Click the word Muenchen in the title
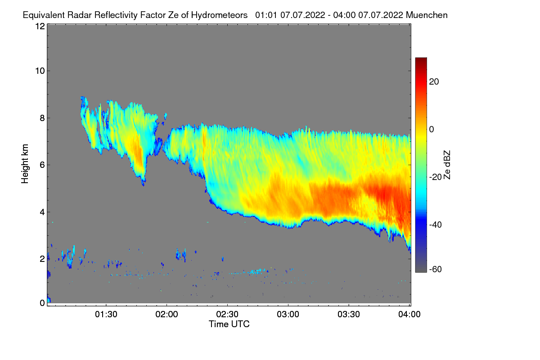point(427,15)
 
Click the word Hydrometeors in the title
point(219,15)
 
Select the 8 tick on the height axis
point(42,118)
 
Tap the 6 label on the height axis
point(42,165)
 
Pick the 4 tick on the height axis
point(42,211)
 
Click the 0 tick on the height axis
point(42,303)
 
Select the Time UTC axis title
point(229,324)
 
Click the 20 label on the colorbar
point(434,81)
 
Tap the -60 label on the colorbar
point(436,270)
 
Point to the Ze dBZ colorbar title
point(447,165)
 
